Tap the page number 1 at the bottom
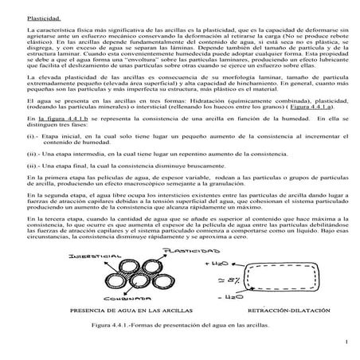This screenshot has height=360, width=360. click(x=348, y=341)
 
